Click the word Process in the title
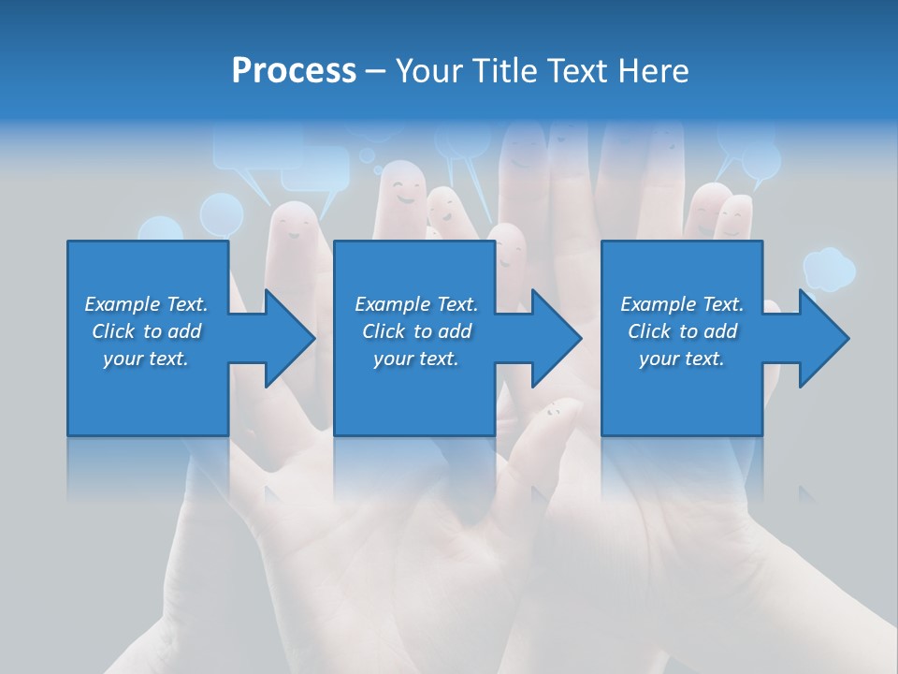click(294, 71)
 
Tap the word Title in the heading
click(508, 71)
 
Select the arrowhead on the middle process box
click(555, 338)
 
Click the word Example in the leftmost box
click(123, 304)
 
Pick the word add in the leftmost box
click(183, 331)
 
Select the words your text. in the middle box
click(415, 359)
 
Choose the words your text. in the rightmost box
click(681, 359)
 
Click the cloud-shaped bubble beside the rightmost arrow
click(829, 269)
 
